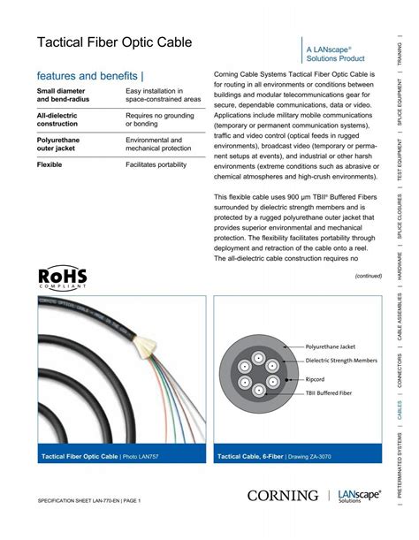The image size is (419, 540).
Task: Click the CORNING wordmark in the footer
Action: tap(283, 497)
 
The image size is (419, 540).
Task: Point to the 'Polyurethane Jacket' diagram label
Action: tap(330, 347)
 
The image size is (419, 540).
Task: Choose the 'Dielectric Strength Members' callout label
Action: tap(341, 361)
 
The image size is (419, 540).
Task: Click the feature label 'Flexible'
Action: tap(50, 164)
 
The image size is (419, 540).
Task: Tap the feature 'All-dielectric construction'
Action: tap(57, 119)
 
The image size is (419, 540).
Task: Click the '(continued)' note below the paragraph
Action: tap(368, 276)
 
